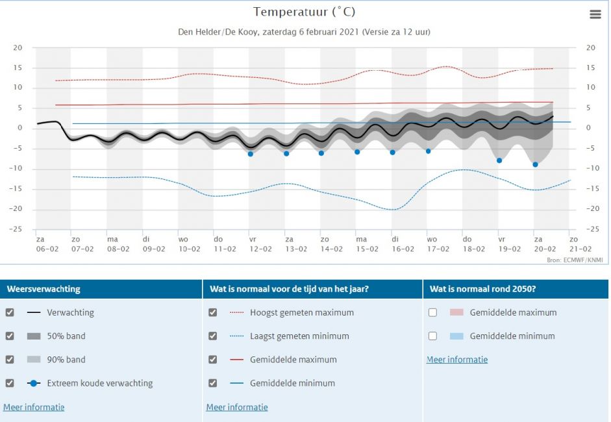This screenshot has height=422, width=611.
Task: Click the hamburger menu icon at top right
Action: tap(595, 14)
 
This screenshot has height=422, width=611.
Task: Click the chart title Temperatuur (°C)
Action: tap(304, 12)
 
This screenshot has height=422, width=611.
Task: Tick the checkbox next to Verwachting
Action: tap(10, 312)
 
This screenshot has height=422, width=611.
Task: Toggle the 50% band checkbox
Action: tap(10, 336)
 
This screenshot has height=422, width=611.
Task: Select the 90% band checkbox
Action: tap(10, 359)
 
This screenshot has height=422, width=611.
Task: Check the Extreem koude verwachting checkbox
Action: tap(10, 383)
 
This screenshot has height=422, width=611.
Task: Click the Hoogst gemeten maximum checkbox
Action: tap(212, 312)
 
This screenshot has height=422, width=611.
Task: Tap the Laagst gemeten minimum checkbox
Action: tap(212, 336)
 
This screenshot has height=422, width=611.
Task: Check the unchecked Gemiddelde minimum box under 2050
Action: tap(432, 336)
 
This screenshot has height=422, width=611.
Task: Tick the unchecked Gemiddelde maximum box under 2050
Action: tap(432, 312)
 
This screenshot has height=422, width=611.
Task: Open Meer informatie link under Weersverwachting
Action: tap(34, 407)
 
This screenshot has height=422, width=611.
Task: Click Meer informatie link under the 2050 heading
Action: tap(456, 359)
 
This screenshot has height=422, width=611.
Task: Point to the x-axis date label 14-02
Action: tap(331, 249)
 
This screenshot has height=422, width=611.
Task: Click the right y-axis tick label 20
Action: tap(590, 47)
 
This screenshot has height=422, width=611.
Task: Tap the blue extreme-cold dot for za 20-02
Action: tap(535, 164)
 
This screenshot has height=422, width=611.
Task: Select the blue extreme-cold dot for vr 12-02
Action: tap(250, 154)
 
